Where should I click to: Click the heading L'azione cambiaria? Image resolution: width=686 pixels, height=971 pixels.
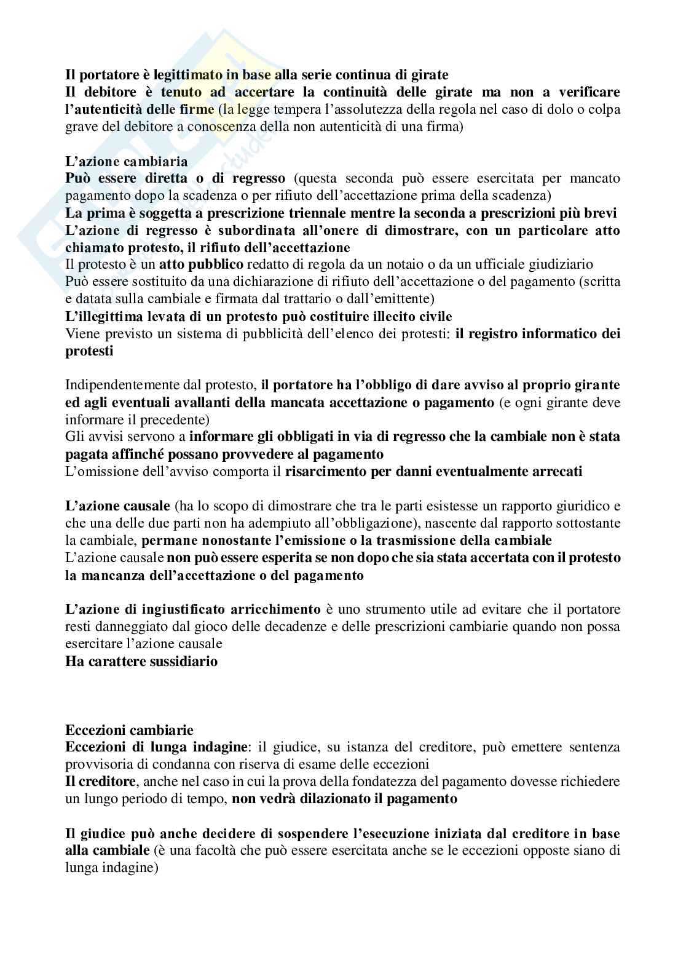[x=126, y=162]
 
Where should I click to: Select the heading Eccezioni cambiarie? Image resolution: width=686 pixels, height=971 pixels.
[x=129, y=730]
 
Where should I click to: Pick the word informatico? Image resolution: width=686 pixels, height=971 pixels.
[x=550, y=334]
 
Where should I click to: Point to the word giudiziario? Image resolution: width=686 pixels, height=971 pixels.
[x=556, y=264]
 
